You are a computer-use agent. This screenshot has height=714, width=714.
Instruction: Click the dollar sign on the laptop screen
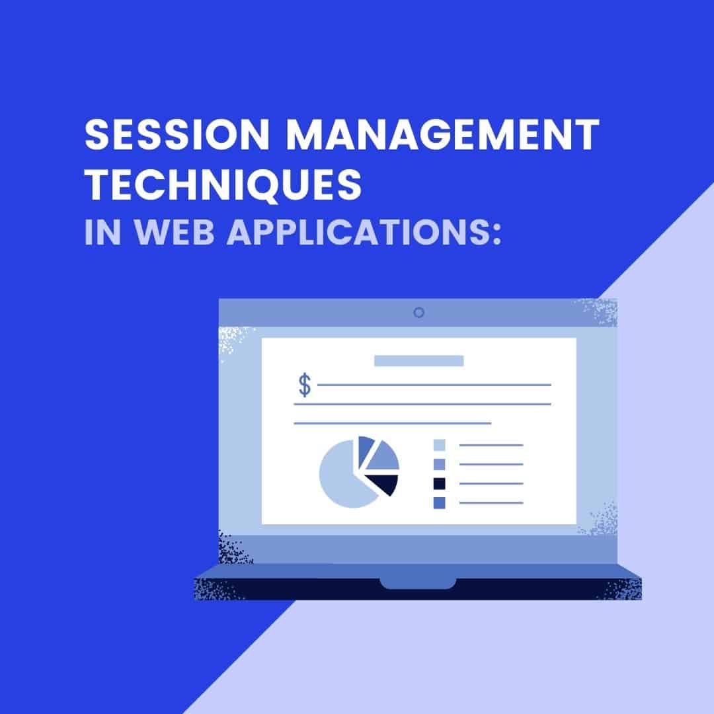point(304,385)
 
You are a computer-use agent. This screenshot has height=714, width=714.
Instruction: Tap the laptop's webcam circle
point(418,313)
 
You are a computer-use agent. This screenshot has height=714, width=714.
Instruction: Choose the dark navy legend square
point(439,484)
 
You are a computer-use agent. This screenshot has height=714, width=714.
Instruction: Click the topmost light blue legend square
point(439,445)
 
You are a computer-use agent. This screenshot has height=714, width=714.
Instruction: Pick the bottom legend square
point(439,503)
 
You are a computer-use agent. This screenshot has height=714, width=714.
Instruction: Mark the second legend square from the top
point(439,464)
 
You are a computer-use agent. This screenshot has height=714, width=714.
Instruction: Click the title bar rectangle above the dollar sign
point(418,360)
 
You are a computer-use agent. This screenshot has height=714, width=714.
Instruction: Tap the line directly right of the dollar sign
point(434,384)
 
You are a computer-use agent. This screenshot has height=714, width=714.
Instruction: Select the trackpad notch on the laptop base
point(418,583)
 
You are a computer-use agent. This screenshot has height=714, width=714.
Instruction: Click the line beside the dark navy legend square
point(491,484)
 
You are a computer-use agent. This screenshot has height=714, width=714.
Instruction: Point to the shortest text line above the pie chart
point(392,423)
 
